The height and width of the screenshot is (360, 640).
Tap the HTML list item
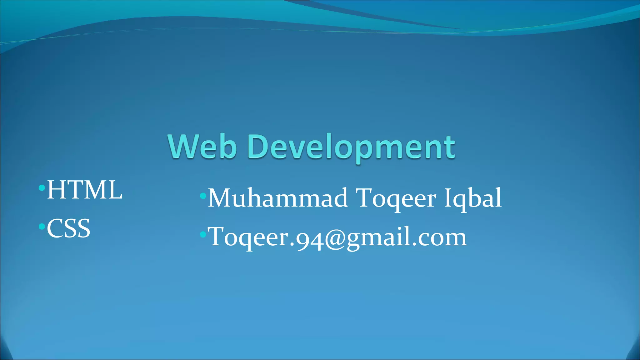click(x=84, y=190)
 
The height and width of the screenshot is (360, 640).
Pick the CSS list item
click(x=68, y=228)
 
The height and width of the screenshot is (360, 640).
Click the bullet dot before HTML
click(x=42, y=188)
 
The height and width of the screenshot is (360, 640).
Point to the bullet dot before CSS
click(x=42, y=226)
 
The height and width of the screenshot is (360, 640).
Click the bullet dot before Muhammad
click(x=203, y=196)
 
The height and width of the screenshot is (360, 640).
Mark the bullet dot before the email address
click(x=203, y=234)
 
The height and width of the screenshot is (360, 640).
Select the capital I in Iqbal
click(x=447, y=197)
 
